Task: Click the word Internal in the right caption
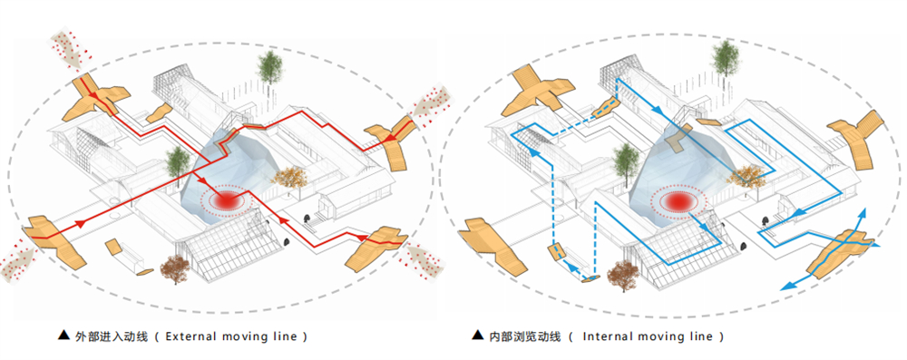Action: [x=604, y=336]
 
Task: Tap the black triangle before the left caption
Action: [x=63, y=336]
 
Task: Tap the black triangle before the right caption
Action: [x=477, y=335]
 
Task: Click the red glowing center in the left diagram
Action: [x=226, y=199]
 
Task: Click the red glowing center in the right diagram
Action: [x=677, y=201]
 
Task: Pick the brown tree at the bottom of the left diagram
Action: [x=175, y=268]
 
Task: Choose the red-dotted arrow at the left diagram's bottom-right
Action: [x=424, y=260]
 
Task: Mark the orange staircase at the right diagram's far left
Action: [x=492, y=246]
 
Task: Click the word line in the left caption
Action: [x=287, y=336]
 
